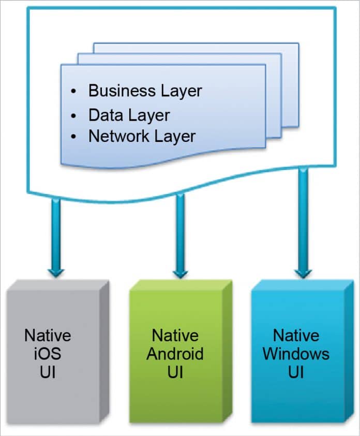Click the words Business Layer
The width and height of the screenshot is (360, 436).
pyautogui.click(x=145, y=91)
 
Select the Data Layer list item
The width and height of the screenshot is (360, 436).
pyautogui.click(x=129, y=114)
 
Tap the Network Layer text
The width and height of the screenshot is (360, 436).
pyautogui.click(x=142, y=136)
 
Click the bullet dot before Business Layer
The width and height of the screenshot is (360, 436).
pyautogui.click(x=74, y=92)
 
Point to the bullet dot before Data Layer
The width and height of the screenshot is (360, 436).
pyautogui.click(x=74, y=115)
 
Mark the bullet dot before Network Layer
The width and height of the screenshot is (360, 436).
pyautogui.click(x=74, y=137)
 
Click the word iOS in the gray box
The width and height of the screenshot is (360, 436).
pyautogui.click(x=48, y=354)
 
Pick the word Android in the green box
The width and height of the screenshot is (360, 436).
pyautogui.click(x=175, y=354)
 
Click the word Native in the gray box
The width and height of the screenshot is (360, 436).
pyautogui.click(x=48, y=336)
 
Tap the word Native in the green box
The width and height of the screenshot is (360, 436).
pyautogui.click(x=175, y=336)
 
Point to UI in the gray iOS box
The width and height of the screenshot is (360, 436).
pyautogui.click(x=48, y=373)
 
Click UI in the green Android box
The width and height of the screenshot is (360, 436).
pyautogui.click(x=175, y=373)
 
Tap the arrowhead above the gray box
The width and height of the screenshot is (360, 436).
pyautogui.click(x=56, y=271)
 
